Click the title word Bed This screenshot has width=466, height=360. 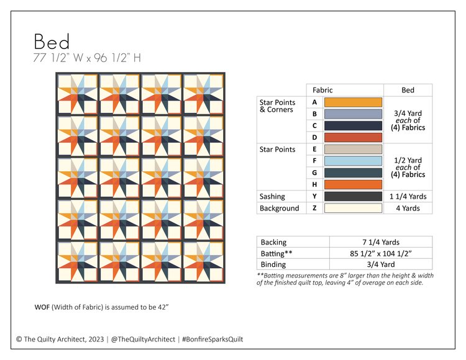coord(52,42)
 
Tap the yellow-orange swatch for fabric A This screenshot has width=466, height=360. coord(353,102)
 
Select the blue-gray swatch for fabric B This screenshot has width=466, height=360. coord(353,114)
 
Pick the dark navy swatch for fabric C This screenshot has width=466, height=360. coord(353,125)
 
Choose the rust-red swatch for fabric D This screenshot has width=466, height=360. coord(353,137)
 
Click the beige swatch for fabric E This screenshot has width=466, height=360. coord(353,149)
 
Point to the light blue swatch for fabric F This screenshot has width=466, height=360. coord(353,161)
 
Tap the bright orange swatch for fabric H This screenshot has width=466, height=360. coord(353,184)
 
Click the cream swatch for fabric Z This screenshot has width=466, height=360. coord(353,208)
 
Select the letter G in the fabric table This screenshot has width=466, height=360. coord(314,173)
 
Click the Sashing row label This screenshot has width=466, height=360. coord(272,196)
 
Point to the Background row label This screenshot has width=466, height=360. coord(279,208)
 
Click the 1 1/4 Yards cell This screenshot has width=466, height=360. coord(408,196)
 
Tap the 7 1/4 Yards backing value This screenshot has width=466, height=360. coord(380,242)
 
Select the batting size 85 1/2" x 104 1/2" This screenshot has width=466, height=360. coord(380,253)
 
